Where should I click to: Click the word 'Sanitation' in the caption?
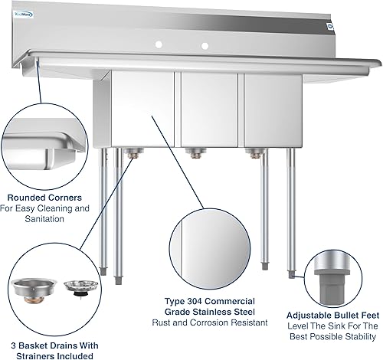coord(51,218)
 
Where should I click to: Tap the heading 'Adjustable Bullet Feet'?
coord(332,315)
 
